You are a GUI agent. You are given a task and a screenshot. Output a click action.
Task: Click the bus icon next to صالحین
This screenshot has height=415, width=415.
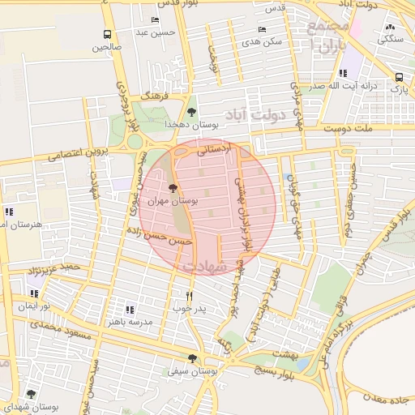click(107, 34)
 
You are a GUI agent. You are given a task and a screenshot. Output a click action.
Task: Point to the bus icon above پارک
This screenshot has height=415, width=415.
click(399, 77)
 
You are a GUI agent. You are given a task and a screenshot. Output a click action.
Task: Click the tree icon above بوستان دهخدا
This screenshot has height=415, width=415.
click(191, 112)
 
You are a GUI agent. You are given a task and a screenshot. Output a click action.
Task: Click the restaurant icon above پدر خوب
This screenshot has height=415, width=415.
click(189, 296)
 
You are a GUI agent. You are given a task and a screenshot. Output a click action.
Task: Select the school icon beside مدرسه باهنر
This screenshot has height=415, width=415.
click(130, 309)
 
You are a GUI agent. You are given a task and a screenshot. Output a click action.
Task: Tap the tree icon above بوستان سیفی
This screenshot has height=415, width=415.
click(192, 358)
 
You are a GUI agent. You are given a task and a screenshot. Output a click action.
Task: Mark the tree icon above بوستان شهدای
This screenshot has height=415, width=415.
click(31, 393)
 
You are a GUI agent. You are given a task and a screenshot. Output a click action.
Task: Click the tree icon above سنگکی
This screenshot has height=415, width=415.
click(390, 27)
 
